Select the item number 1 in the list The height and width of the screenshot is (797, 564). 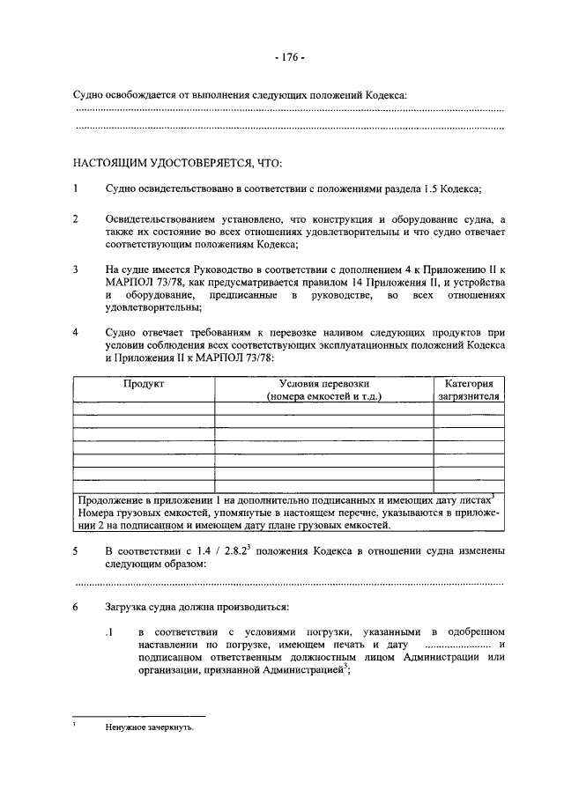(x=76, y=188)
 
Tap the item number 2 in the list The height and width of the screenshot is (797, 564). (x=76, y=218)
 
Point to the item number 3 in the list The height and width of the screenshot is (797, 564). (x=76, y=268)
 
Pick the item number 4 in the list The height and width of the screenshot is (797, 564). (x=76, y=333)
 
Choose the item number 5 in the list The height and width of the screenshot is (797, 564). (x=76, y=551)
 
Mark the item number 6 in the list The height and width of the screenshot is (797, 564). (x=76, y=608)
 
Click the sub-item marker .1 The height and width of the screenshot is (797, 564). (x=110, y=634)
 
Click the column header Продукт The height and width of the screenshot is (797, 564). (x=144, y=384)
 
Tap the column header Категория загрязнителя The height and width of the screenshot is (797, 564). (x=469, y=390)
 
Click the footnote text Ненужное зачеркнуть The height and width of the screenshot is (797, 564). (x=147, y=727)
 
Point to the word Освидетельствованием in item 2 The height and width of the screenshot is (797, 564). (x=163, y=218)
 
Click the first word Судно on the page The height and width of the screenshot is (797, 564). (x=89, y=95)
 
